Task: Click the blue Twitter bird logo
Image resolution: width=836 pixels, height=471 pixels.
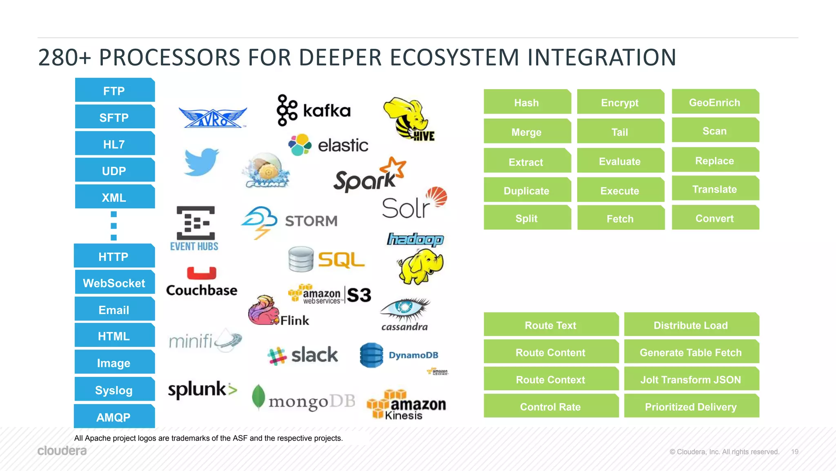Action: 201,162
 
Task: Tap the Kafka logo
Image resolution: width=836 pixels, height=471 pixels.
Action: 313,110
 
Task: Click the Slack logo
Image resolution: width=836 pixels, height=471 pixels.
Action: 302,355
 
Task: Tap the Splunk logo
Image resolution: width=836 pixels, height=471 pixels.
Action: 202,389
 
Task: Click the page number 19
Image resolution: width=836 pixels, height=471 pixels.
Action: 795,452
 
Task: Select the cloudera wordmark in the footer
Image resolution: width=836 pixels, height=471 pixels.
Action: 62,451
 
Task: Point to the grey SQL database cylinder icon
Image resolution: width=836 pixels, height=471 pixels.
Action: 301,259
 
